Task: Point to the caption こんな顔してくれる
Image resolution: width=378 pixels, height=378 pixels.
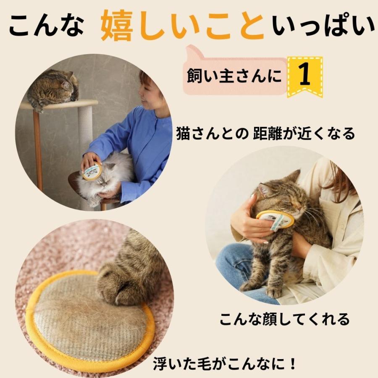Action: tap(284, 319)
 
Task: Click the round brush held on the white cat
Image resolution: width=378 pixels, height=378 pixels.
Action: tap(92, 171)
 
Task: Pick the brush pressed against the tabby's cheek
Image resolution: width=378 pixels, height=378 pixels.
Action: tap(275, 220)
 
